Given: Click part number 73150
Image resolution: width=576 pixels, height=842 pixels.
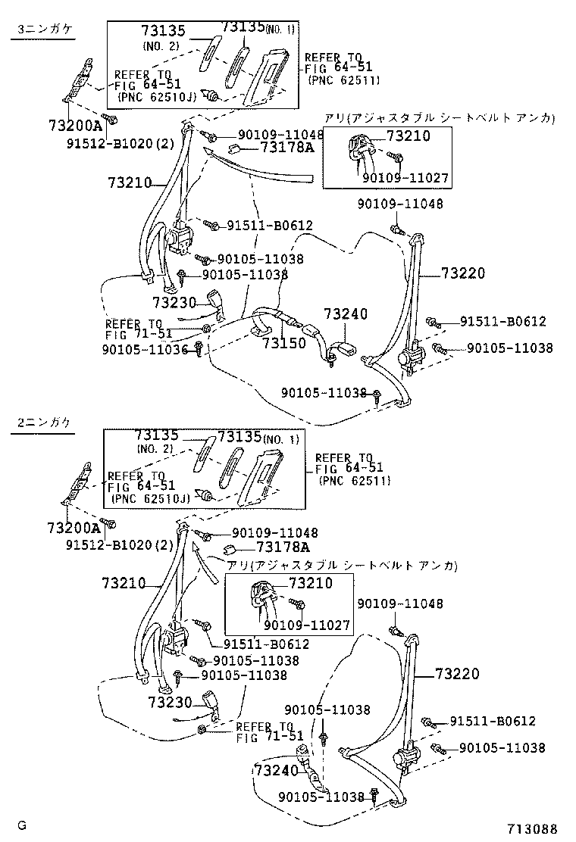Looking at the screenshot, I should point(284,343).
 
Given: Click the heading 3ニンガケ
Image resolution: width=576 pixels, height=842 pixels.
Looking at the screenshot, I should point(42,30).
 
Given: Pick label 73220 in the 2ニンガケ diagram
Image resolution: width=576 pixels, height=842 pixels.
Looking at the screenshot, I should point(457,673).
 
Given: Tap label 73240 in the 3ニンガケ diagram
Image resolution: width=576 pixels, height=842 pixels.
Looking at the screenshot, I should point(346,314).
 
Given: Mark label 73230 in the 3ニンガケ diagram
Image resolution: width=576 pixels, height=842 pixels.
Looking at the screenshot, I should point(174,302).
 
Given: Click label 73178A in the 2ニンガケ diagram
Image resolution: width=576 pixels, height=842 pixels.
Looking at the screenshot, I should point(283,547).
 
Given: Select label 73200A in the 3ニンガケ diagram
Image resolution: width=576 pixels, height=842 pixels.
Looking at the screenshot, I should point(75,126).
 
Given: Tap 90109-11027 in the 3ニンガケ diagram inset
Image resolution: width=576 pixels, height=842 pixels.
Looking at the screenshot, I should point(405,179).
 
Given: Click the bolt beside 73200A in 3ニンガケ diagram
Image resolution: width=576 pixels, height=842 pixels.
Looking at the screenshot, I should point(110,120).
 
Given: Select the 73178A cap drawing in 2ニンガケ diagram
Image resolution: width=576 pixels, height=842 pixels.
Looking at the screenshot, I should point(230,549).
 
